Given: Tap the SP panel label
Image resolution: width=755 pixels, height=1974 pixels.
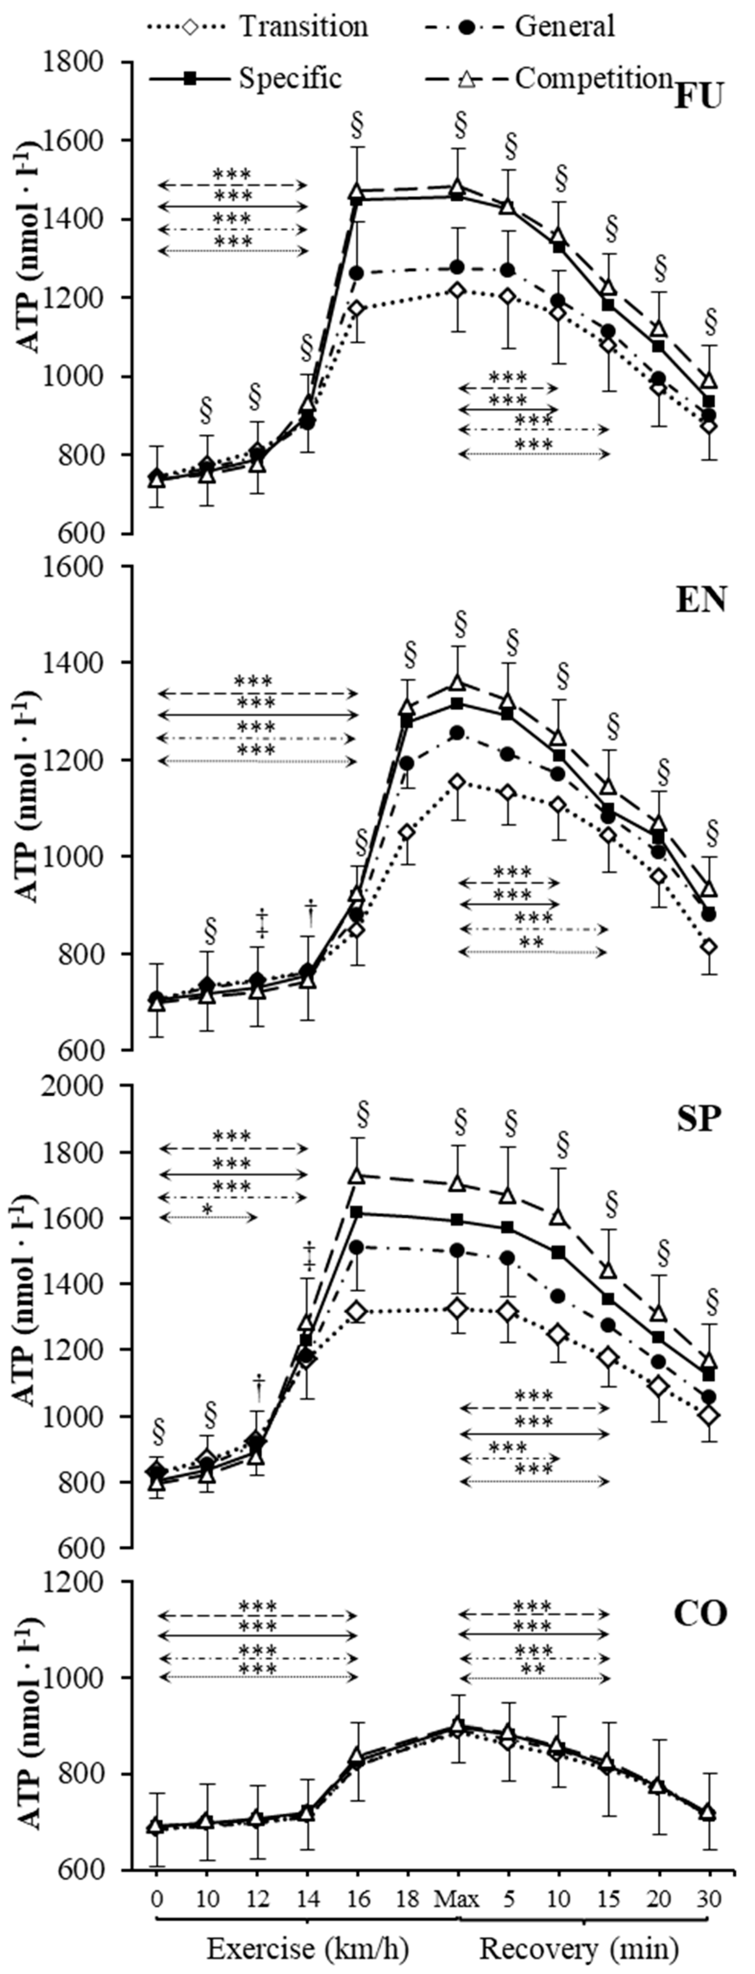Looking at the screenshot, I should [698, 1119].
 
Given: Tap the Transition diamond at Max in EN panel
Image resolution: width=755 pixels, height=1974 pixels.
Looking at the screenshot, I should [458, 782].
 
